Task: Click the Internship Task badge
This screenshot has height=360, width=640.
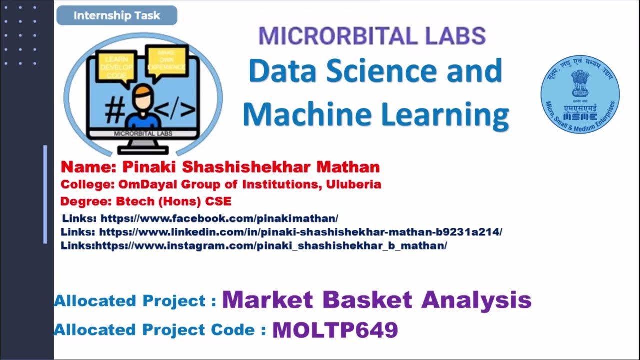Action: tap(117, 16)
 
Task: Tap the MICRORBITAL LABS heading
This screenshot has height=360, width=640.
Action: tap(372, 37)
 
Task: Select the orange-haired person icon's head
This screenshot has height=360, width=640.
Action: tap(142, 97)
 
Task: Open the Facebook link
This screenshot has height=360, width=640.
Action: tap(219, 218)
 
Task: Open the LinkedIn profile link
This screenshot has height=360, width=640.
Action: tap(300, 232)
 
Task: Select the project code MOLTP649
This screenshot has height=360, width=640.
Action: tap(335, 330)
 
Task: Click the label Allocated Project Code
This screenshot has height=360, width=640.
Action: tap(160, 330)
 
